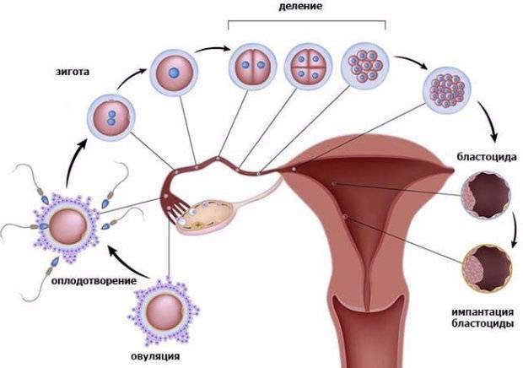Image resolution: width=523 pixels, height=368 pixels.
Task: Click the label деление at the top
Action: tap(300, 7)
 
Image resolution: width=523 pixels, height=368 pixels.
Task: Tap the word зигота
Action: tap(73, 72)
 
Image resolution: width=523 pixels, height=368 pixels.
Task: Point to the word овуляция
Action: tap(154, 356)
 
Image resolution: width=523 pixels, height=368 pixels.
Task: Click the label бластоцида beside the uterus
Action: tap(487, 157)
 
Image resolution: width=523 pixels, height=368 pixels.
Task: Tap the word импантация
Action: tap(483, 312)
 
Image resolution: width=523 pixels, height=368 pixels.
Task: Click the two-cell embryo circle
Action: tap(253, 67)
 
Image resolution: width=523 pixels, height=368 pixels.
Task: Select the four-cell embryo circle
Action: tap(308, 67)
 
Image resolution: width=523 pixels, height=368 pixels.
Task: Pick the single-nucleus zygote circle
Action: tap(174, 73)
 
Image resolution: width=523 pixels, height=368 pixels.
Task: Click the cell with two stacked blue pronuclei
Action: tap(111, 118)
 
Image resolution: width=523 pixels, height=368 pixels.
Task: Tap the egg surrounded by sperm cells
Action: tap(67, 226)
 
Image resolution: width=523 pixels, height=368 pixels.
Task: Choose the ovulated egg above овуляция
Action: tap(164, 312)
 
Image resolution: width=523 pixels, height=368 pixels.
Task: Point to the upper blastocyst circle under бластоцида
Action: tap(486, 196)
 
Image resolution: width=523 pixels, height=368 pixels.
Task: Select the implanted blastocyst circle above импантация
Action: tap(487, 269)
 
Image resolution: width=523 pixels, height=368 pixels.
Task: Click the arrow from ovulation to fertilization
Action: tap(127, 263)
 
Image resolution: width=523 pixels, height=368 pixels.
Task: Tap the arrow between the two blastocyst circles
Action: tap(515, 233)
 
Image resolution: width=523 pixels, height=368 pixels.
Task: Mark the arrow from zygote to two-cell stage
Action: tap(213, 50)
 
